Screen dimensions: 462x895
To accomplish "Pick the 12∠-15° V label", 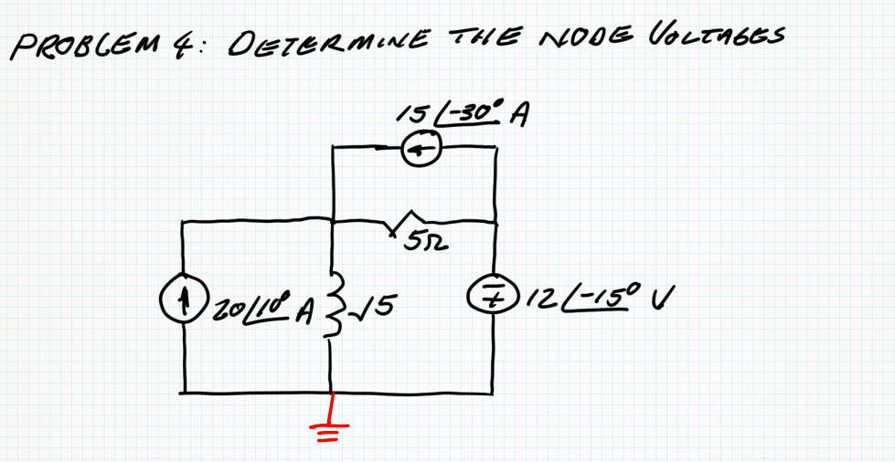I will coord(590,298).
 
